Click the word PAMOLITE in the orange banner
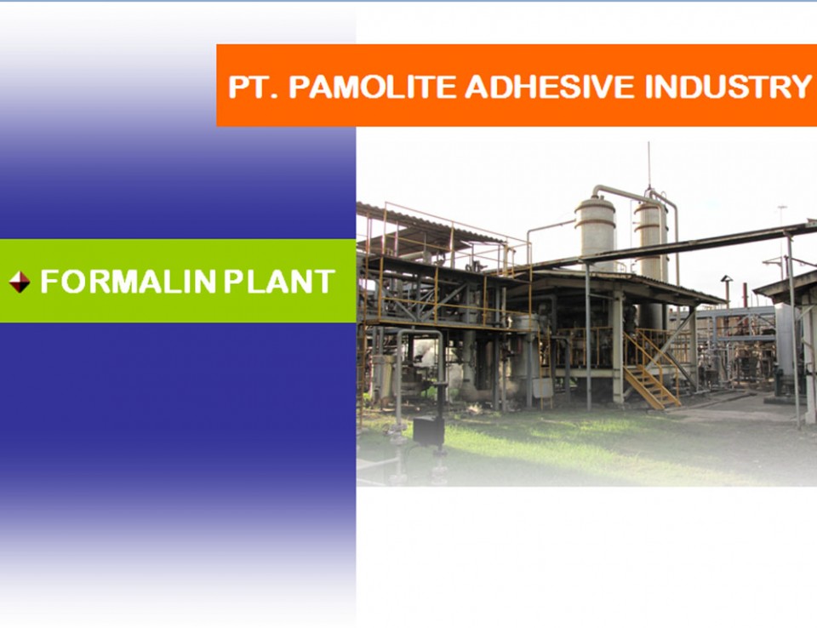[373, 87]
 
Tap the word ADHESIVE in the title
[551, 87]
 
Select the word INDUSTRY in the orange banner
[728, 87]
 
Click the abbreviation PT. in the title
[254, 87]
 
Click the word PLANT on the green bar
[279, 282]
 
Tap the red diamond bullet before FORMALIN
[20, 282]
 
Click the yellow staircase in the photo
[651, 373]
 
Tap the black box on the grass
[428, 430]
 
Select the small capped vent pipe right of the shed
[726, 291]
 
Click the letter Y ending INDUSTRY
[800, 87]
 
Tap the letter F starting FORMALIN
[49, 282]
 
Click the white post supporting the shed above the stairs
[618, 346]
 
